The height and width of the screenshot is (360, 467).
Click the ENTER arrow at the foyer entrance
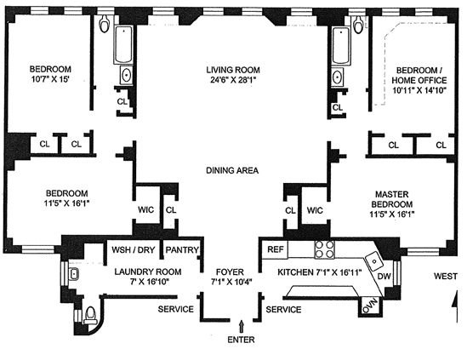click(242, 326)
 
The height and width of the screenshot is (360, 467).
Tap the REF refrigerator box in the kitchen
click(275, 249)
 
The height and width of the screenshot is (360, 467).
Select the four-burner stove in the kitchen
click(324, 249)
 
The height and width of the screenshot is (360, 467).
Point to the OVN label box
click(370, 306)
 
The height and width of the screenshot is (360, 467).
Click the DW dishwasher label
click(384, 277)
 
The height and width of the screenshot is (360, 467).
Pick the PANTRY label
click(182, 249)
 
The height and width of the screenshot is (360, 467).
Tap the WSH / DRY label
click(134, 249)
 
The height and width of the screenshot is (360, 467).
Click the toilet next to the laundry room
click(90, 316)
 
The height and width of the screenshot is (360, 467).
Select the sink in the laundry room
click(73, 274)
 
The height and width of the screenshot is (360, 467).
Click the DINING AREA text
click(232, 170)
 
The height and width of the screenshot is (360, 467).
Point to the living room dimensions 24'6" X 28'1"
click(233, 80)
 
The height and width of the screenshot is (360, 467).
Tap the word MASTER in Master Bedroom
click(391, 194)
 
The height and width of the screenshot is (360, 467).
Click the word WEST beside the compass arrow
click(446, 277)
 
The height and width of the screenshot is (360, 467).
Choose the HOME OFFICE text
click(419, 81)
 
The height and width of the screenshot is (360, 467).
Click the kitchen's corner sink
click(374, 261)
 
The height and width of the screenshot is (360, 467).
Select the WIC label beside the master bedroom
click(315, 210)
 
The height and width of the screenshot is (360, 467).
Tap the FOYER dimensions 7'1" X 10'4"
click(231, 282)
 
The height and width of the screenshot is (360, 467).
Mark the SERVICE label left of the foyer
click(176, 309)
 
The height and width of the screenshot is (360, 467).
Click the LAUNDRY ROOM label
click(148, 271)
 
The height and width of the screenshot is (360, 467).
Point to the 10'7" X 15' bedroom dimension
click(50, 79)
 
